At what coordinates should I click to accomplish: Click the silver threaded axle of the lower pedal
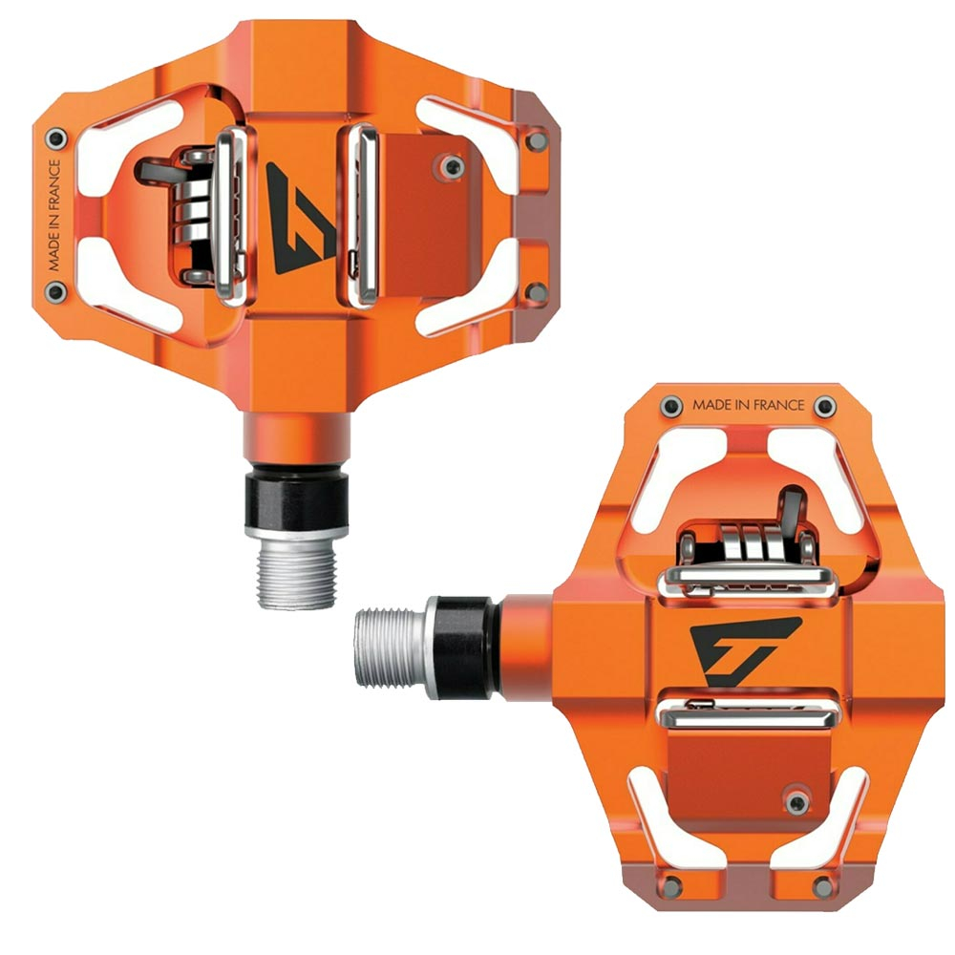391,647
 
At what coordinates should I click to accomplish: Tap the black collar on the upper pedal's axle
297,499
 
